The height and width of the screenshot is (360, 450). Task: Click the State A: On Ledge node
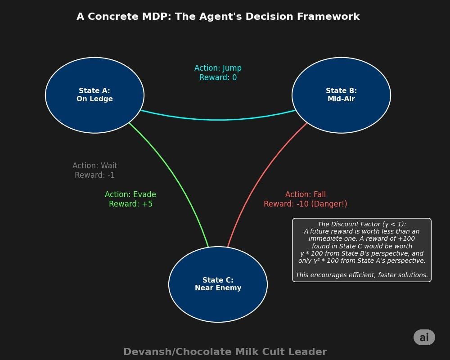(x=94, y=95)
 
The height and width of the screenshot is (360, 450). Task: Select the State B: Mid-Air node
(x=341, y=95)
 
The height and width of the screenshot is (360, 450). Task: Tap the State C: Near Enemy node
(x=218, y=284)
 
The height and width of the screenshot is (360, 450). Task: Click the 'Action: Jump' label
(x=218, y=68)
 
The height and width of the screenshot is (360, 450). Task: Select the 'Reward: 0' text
(x=218, y=77)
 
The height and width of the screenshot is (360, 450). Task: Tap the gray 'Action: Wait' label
(x=94, y=166)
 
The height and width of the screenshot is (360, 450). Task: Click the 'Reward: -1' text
(x=94, y=175)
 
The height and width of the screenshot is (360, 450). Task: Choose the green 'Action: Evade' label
(x=130, y=194)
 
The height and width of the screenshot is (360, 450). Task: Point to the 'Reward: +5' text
(x=130, y=204)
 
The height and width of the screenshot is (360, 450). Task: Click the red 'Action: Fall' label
(x=306, y=194)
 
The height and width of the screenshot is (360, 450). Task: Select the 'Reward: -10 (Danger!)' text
(x=306, y=204)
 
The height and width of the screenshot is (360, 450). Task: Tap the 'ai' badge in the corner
(x=424, y=337)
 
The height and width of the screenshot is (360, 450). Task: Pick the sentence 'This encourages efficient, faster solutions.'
(x=361, y=275)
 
